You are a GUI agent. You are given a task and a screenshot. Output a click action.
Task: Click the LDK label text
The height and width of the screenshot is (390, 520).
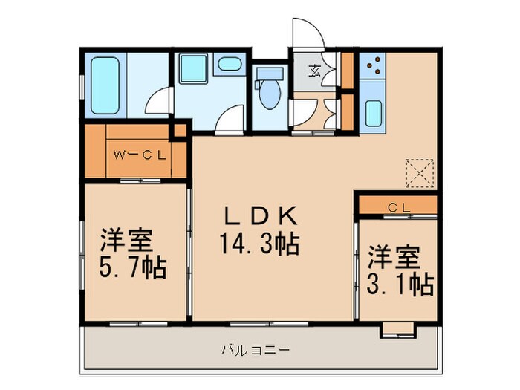tap(261, 217)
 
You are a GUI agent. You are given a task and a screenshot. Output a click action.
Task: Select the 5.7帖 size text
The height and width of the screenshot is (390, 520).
tap(134, 267)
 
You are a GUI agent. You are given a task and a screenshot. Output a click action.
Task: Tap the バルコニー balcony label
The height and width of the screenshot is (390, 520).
tap(255, 348)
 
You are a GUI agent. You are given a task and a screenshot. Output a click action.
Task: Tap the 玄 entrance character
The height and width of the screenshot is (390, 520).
tap(314, 71)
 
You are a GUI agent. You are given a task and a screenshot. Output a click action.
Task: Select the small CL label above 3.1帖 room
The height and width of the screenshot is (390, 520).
tap(398, 207)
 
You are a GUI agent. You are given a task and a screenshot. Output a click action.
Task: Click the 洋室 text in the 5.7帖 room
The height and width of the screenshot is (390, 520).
tap(126, 241)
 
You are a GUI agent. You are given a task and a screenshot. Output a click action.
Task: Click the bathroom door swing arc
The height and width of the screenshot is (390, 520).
tap(158, 103)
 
